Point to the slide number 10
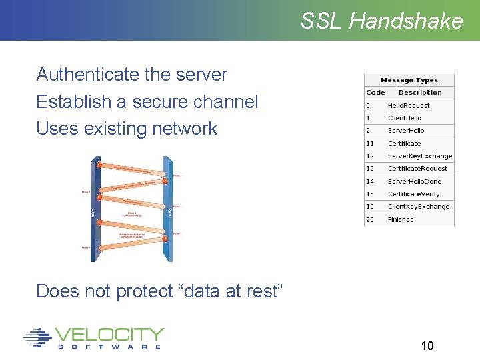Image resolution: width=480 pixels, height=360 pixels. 427,345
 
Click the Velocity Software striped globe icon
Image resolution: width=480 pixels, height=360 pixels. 37,337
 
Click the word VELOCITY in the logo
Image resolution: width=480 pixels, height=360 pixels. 109,334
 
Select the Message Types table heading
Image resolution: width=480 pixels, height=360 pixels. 409,80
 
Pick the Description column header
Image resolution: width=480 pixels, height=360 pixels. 420,93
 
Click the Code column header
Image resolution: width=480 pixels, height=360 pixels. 375,93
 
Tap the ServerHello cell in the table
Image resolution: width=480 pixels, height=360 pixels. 406,131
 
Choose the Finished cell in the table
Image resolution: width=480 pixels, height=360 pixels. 401,219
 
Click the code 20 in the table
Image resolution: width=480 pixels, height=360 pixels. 370,219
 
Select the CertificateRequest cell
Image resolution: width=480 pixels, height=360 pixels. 417,169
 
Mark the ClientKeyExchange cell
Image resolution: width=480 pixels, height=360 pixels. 418,207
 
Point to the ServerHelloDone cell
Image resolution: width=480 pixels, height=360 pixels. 413,181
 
